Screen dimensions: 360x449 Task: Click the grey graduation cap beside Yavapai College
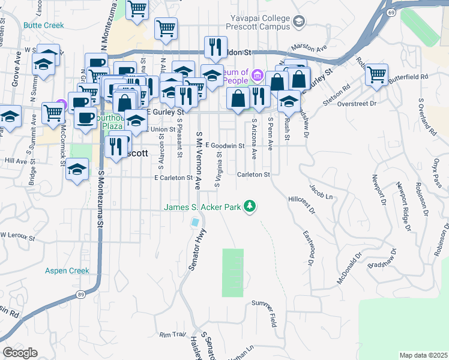(x=298, y=22)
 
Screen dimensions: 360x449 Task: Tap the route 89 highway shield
(x=80, y=294)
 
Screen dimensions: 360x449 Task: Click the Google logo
(x=20, y=353)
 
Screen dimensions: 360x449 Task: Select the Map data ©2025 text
(x=423, y=355)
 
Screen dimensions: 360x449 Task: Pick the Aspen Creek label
(x=67, y=271)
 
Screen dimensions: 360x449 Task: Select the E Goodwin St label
(x=225, y=146)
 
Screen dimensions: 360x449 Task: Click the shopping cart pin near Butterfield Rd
(x=376, y=75)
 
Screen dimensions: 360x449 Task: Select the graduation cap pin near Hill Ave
(x=77, y=169)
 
